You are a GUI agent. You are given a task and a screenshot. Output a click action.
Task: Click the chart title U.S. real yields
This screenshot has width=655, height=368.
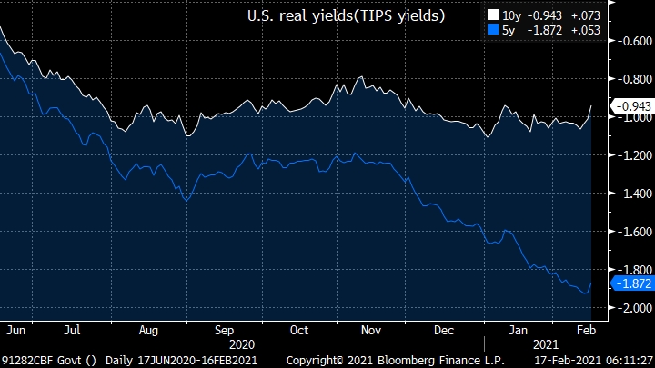tap(347, 15)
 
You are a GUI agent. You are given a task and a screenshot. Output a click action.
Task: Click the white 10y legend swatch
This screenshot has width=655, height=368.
tap(493, 15)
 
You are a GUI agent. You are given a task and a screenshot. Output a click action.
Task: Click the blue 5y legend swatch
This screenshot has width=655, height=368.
tap(493, 30)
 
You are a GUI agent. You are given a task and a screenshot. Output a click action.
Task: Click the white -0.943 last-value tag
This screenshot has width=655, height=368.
tap(630, 106)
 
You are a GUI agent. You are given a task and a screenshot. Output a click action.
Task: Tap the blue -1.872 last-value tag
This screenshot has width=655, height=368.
tap(630, 283)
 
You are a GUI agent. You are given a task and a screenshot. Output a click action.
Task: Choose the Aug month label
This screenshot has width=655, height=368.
tap(150, 330)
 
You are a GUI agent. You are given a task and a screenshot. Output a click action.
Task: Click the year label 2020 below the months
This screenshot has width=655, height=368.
tap(242, 345)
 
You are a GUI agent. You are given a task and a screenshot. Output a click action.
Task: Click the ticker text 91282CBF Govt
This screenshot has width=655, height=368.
tap(40, 361)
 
